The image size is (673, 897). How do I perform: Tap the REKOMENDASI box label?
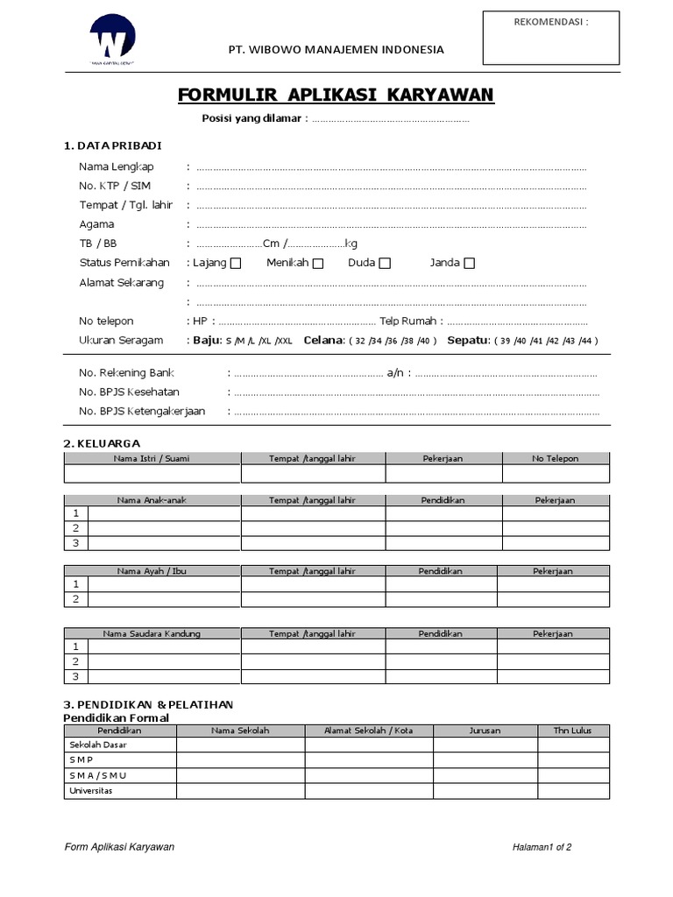[x=549, y=22]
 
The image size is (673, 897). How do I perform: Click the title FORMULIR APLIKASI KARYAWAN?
[x=336, y=94]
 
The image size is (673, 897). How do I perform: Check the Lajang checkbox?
[x=236, y=264]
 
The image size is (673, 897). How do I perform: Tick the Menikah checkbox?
[x=317, y=264]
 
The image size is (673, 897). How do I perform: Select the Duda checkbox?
[x=385, y=264]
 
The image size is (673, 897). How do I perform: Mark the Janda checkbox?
[x=470, y=264]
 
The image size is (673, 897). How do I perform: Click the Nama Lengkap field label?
[x=117, y=166]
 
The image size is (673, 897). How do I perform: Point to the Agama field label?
[x=96, y=224]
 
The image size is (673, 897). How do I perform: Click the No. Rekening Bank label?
[x=126, y=373]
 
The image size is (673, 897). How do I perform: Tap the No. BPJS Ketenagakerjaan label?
[x=142, y=412]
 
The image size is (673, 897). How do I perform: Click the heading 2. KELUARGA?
[x=102, y=443]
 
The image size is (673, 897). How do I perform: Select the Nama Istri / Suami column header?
[x=151, y=458]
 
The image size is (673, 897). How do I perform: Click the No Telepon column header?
[x=555, y=458]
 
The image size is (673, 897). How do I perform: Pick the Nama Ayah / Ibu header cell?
[x=152, y=571]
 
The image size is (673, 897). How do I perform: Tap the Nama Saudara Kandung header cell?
[x=152, y=633]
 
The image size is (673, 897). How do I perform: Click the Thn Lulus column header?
[x=574, y=730]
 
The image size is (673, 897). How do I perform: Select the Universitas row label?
[x=91, y=790]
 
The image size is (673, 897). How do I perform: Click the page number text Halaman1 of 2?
[x=542, y=847]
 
